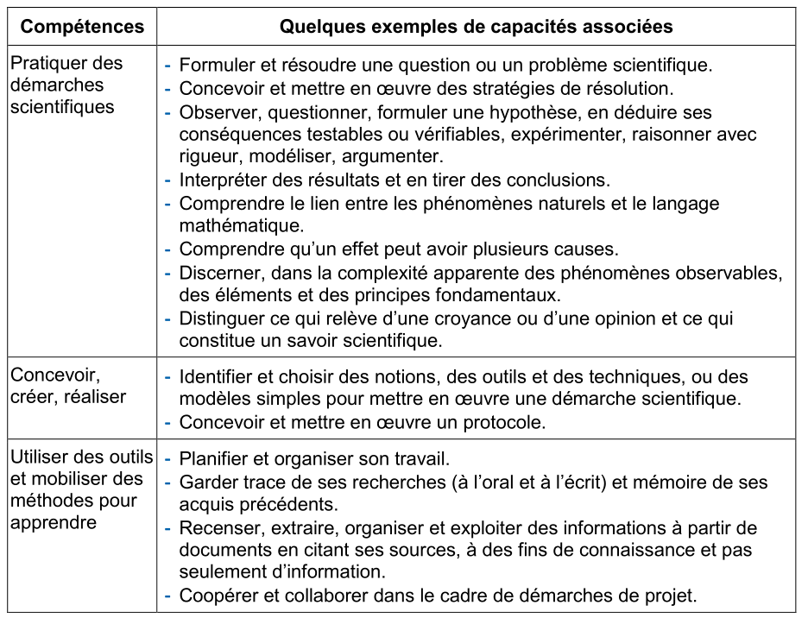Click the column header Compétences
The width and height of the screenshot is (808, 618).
tap(82, 27)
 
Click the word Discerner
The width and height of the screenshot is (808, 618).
tap(219, 273)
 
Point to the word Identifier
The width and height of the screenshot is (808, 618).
tap(217, 377)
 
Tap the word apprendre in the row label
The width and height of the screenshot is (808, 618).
tap(54, 523)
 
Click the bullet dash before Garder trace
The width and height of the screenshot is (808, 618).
tap(168, 482)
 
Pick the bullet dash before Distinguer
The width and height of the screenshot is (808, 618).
tap(168, 318)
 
